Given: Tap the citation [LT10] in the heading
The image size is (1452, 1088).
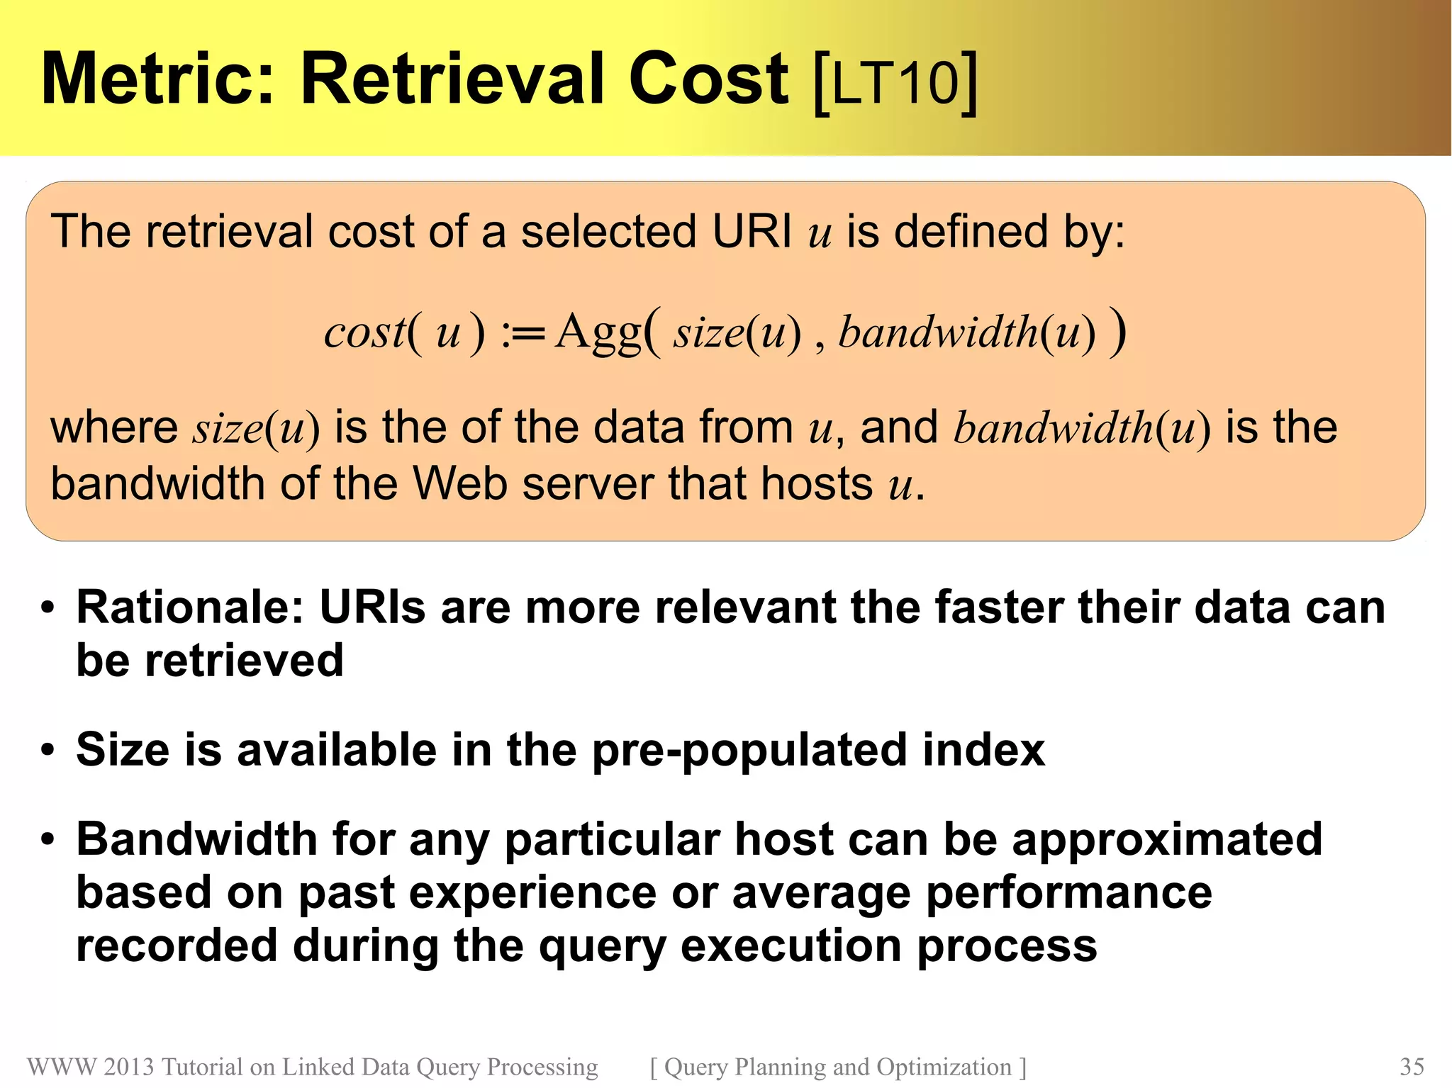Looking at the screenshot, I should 895,82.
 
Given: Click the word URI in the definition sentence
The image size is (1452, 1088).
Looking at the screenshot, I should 752,232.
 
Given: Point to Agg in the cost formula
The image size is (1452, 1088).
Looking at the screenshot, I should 598,332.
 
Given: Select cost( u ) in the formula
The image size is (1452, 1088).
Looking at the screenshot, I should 405,332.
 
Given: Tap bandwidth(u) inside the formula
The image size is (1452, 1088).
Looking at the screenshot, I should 967,332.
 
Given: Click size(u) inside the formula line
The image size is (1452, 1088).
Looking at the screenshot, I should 737,332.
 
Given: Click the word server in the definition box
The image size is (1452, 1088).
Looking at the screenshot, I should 588,484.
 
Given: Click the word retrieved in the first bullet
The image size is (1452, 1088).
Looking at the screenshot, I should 244,661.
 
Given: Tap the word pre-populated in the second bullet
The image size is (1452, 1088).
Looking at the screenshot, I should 749,751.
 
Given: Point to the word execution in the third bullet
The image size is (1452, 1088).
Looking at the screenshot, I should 791,946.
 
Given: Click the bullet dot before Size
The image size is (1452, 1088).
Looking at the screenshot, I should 48,751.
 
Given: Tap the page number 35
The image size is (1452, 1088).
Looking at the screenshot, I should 1412,1067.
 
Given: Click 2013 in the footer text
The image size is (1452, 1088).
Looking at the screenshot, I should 128,1067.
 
